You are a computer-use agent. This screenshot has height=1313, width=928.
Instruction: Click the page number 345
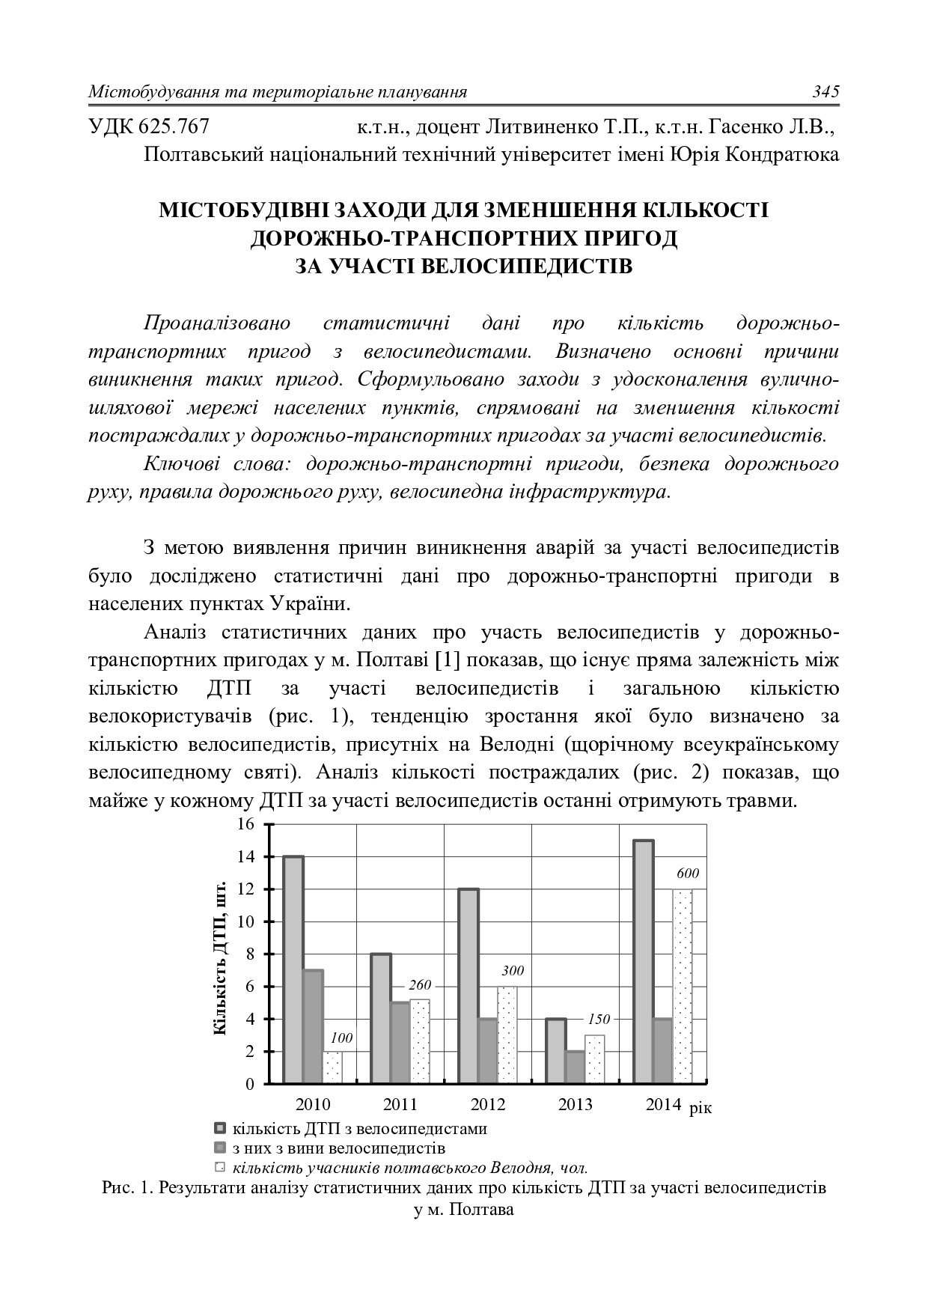click(825, 92)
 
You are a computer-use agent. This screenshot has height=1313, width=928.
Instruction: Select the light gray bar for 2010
click(293, 969)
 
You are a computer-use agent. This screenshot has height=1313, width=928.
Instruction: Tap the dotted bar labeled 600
click(683, 986)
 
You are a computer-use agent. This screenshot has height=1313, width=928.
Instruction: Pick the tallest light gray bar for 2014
click(644, 961)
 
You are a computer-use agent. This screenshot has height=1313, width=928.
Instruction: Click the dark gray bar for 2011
click(400, 1043)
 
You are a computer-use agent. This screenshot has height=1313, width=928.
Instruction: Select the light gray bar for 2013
click(555, 1050)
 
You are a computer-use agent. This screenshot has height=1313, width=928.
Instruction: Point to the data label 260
click(420, 985)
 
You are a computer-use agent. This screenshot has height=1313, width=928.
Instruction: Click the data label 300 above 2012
click(513, 971)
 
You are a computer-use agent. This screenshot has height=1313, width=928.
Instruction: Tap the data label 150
click(599, 1019)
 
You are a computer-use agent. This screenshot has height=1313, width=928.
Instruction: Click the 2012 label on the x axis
click(488, 1104)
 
